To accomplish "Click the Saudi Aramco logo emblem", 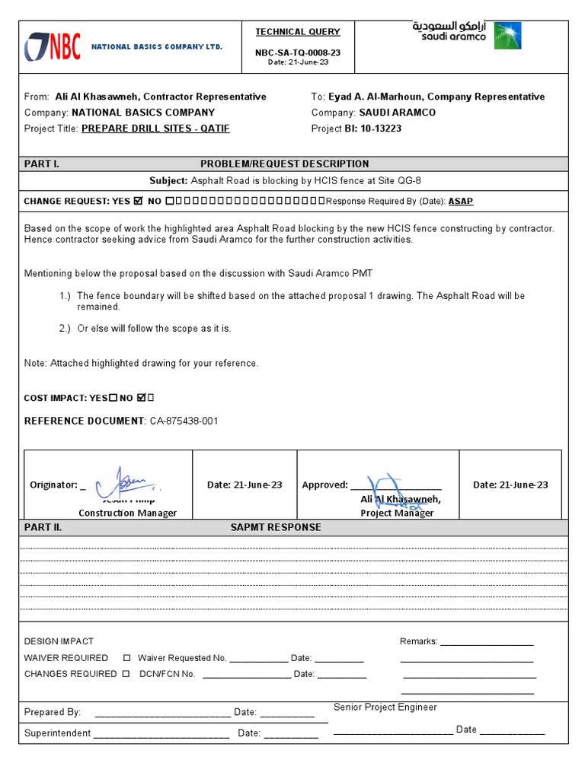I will tap(507, 36).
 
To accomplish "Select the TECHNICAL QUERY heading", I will tap(298, 32).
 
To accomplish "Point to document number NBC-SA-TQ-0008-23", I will tap(298, 53).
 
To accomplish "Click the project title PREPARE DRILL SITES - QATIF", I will tap(155, 129).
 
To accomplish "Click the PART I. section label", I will tap(42, 164).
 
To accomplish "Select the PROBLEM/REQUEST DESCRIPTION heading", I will tap(284, 164).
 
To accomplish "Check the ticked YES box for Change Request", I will tap(138, 202).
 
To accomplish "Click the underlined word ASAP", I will tap(460, 202).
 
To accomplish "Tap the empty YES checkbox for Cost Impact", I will tap(113, 398).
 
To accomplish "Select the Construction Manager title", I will tap(127, 513).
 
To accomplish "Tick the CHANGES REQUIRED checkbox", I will tap(126, 674).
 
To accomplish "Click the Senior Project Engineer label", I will tap(385, 707).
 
